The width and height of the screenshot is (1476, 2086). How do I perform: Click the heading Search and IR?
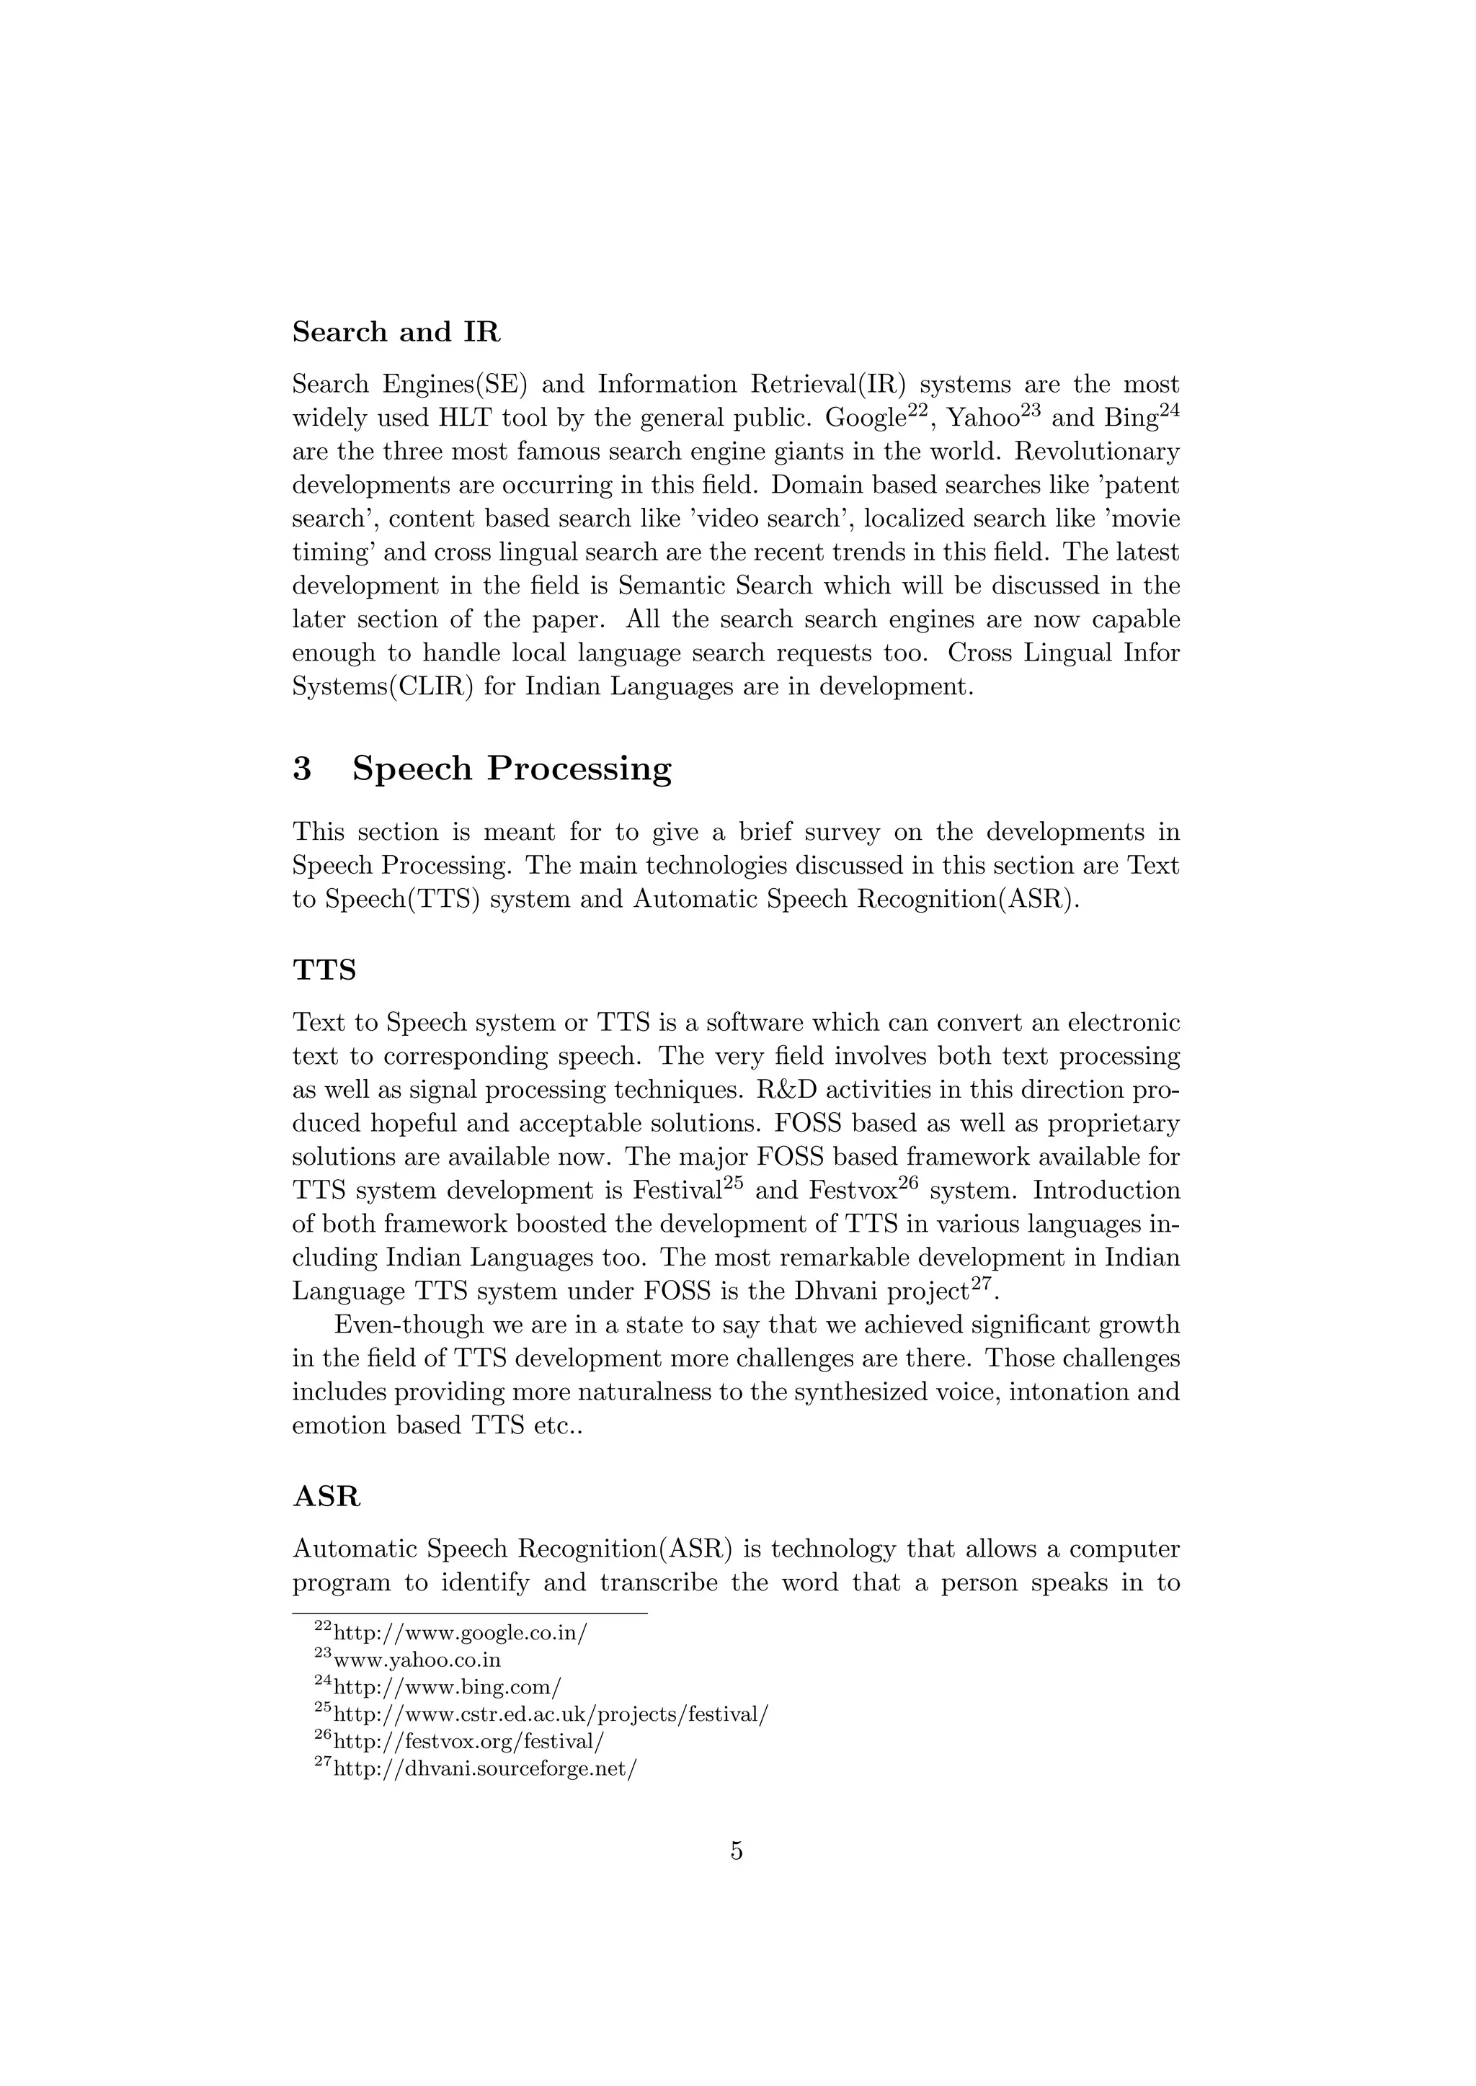pos(396,333)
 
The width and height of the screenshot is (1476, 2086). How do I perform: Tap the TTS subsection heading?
pos(324,970)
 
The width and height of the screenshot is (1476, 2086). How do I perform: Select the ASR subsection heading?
pos(326,1496)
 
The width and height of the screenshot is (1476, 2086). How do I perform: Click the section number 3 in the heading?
pos(302,769)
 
